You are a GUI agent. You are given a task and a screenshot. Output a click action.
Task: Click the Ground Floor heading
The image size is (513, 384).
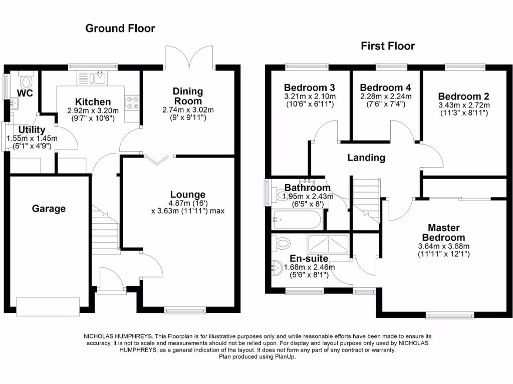(x=120, y=28)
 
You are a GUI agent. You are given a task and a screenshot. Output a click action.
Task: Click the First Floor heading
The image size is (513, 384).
(x=388, y=46)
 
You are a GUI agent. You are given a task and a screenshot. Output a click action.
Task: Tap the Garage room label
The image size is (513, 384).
(x=49, y=208)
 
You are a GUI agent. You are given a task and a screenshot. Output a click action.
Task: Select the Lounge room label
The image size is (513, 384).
(x=188, y=194)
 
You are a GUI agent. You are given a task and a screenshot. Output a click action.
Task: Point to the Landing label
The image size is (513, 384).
(x=367, y=157)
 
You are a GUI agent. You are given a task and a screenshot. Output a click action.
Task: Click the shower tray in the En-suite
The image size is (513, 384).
(x=328, y=243)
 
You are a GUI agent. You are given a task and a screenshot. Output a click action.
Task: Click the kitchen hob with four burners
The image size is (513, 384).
(x=133, y=102)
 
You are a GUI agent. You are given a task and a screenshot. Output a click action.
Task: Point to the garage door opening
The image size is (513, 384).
(x=48, y=304)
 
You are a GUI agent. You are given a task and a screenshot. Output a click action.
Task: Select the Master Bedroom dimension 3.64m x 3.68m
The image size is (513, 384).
(x=443, y=246)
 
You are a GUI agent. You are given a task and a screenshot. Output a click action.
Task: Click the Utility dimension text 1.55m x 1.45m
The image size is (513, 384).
(x=32, y=138)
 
